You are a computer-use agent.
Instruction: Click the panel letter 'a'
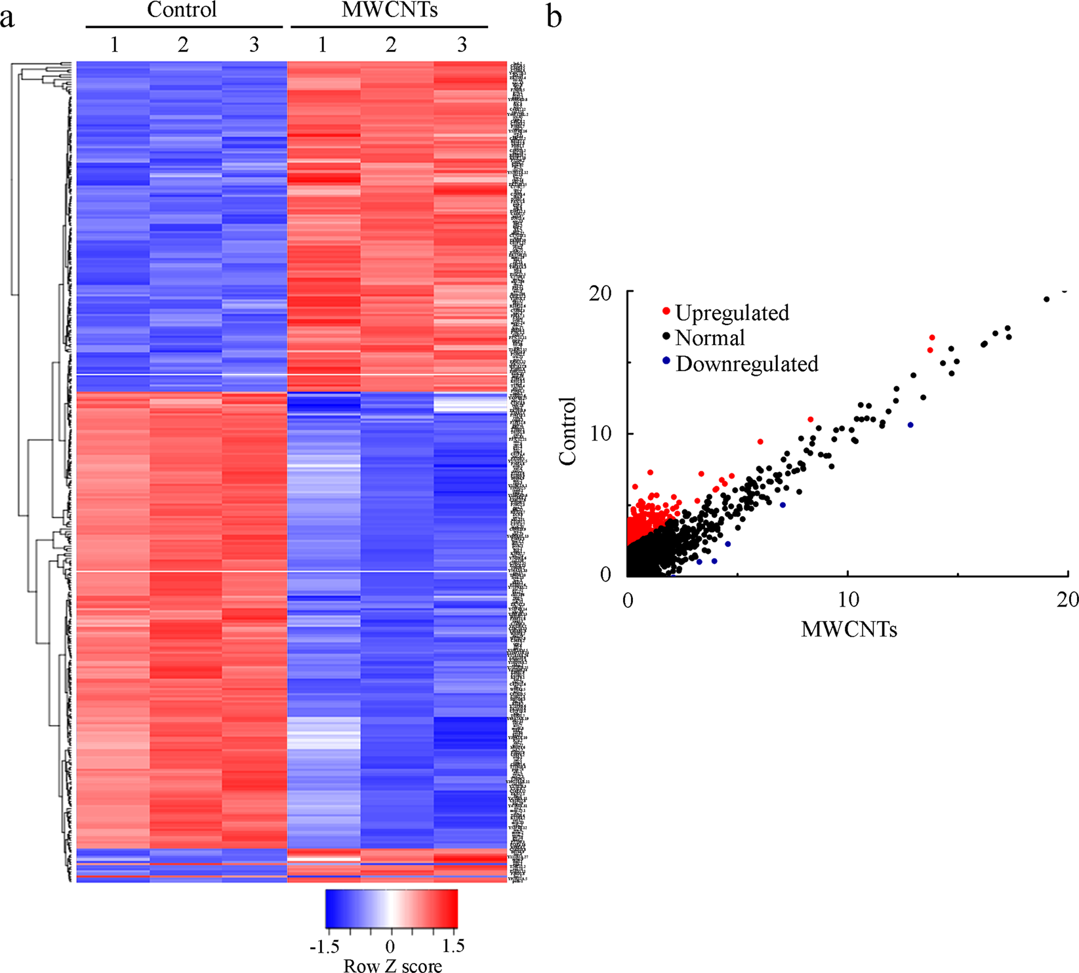coord(7,18)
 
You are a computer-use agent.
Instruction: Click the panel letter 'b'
coord(554,16)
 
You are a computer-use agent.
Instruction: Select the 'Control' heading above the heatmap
coord(182,10)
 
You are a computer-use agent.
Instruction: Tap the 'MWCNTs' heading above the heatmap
coord(390,10)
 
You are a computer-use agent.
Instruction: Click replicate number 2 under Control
coord(183,45)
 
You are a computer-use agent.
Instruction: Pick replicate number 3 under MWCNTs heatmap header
coord(462,45)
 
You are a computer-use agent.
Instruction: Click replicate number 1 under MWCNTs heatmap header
coord(322,45)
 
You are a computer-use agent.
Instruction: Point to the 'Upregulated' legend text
coord(732,313)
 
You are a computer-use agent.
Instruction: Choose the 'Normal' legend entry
coord(710,338)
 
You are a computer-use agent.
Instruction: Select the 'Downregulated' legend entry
coord(746,363)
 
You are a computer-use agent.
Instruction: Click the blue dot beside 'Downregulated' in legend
coord(666,361)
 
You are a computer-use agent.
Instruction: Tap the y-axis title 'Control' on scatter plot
coord(568,431)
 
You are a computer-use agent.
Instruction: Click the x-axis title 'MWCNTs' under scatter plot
coord(849,629)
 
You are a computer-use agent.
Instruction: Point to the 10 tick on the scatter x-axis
coord(848,600)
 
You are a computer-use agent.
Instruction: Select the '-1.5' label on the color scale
coord(325,947)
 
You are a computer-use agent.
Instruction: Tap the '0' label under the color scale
coord(390,947)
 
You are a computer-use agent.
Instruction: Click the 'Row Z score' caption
coord(392,965)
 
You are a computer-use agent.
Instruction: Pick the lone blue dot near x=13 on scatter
coord(910,425)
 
